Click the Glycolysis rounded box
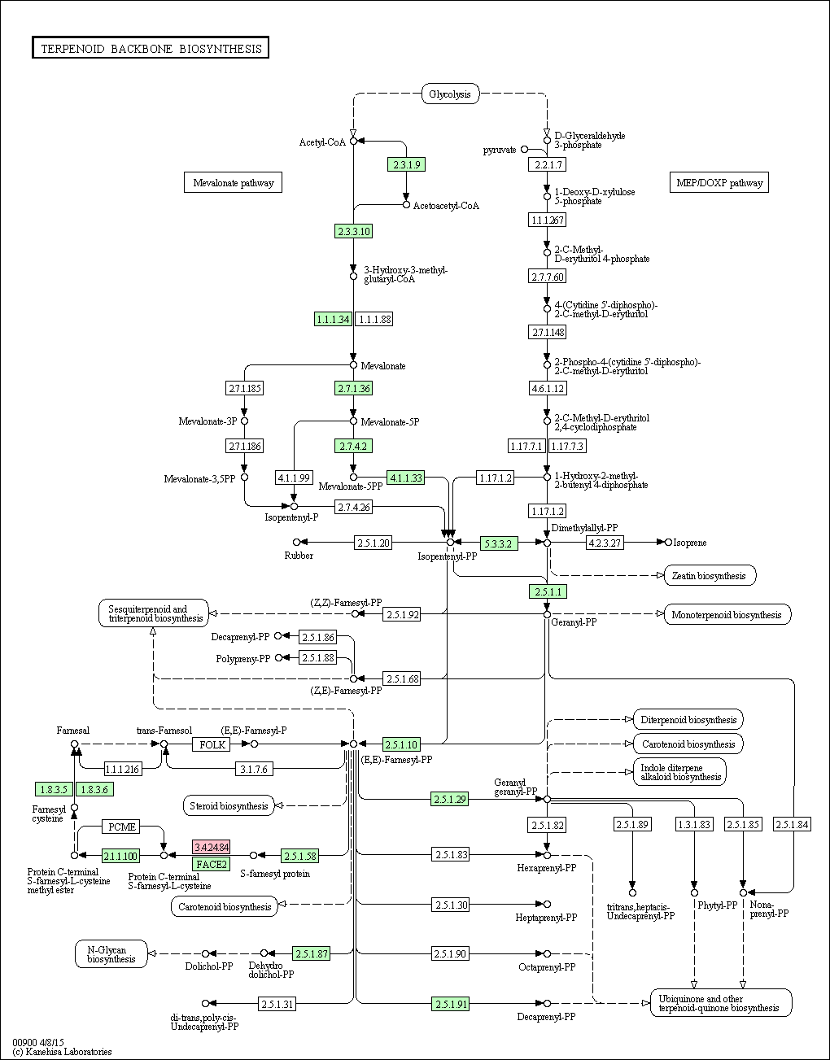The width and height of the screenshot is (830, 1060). click(450, 94)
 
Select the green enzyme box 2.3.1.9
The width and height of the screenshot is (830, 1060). click(407, 165)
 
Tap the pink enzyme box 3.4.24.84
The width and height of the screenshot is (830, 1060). click(212, 847)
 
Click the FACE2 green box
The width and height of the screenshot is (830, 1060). click(212, 865)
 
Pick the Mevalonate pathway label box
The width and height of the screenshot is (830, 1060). click(234, 182)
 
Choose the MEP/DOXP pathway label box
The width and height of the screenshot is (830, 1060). click(719, 182)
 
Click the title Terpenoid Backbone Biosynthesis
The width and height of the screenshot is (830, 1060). click(151, 48)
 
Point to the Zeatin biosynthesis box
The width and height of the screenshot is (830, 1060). click(710, 576)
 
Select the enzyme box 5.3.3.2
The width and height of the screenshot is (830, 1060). click(499, 543)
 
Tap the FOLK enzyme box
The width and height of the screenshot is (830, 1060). click(212, 744)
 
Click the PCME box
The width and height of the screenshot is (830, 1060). click(121, 827)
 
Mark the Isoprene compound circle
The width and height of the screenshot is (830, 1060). click(669, 543)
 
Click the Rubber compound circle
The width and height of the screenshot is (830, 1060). click(296, 543)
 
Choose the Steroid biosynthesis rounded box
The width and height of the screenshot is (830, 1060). click(229, 806)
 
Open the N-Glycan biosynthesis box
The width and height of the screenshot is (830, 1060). click(111, 954)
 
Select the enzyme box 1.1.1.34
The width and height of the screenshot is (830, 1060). click(334, 320)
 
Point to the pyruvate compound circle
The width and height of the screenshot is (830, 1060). click(525, 149)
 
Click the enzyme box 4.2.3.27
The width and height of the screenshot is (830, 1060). click(605, 543)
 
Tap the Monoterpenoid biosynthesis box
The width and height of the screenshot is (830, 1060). click(727, 615)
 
